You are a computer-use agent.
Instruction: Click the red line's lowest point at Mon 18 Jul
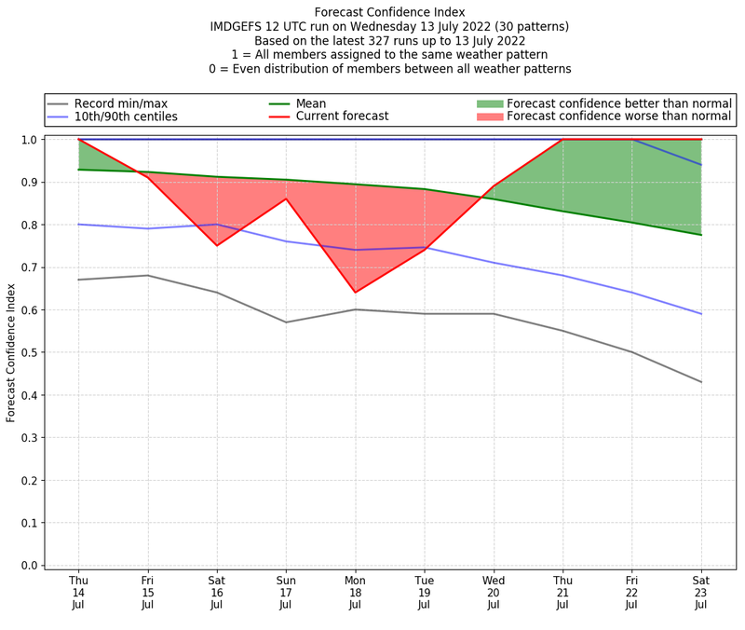(x=355, y=293)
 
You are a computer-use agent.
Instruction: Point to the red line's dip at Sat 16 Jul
(x=217, y=245)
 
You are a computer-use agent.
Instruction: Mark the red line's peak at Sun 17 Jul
(x=286, y=199)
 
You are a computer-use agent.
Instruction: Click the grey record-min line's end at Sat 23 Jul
(x=701, y=382)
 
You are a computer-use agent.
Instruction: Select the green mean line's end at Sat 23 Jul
(x=701, y=235)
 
